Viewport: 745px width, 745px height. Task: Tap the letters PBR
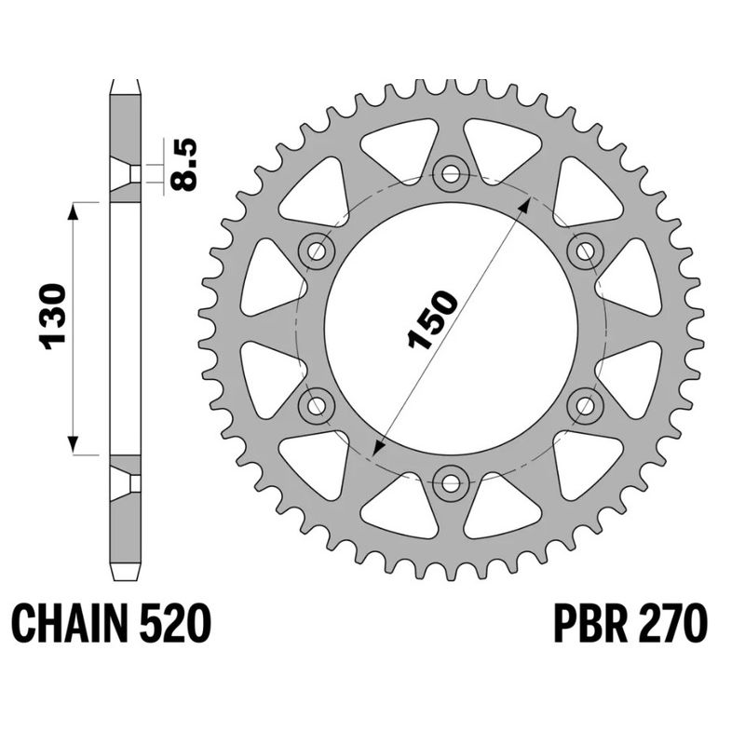pyautogui.click(x=593, y=623)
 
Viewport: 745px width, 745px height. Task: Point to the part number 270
pyautogui.click(x=672, y=623)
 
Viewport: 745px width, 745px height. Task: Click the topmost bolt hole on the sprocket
pyautogui.click(x=452, y=171)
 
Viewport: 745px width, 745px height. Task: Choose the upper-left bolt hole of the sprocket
pyautogui.click(x=318, y=250)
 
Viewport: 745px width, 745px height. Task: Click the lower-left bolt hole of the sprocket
pyautogui.click(x=318, y=404)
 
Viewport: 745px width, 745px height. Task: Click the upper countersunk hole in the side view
pyautogui.click(x=125, y=174)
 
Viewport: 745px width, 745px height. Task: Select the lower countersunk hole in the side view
pyautogui.click(x=125, y=482)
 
